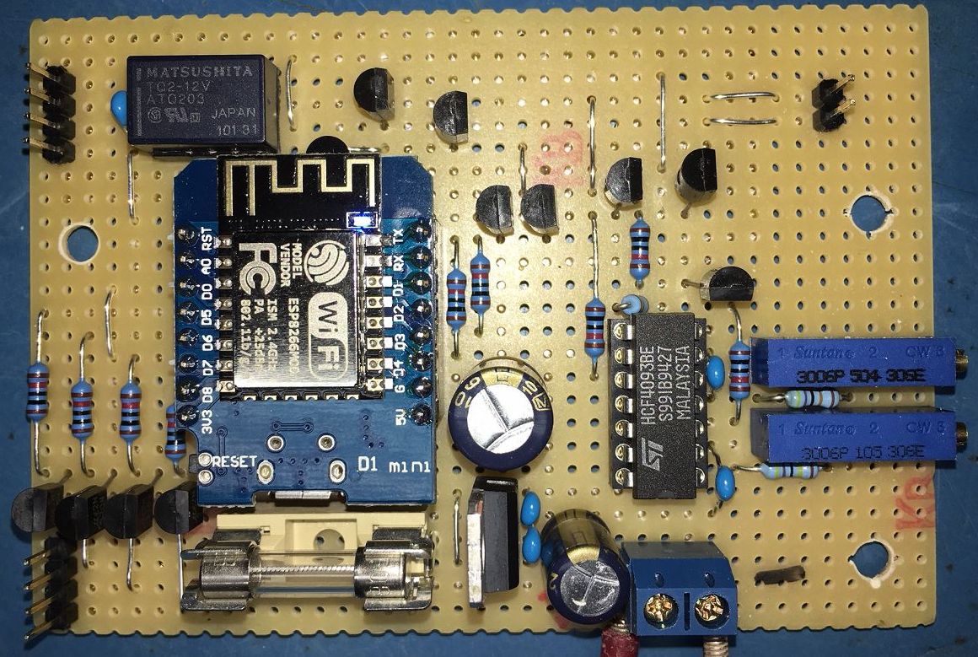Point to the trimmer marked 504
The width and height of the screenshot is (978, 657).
click(852, 363)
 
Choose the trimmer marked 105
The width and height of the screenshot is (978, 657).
click(852, 436)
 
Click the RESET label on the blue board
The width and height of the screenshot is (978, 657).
click(234, 461)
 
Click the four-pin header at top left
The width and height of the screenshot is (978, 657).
click(51, 114)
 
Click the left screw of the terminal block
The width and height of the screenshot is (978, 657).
click(663, 605)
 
